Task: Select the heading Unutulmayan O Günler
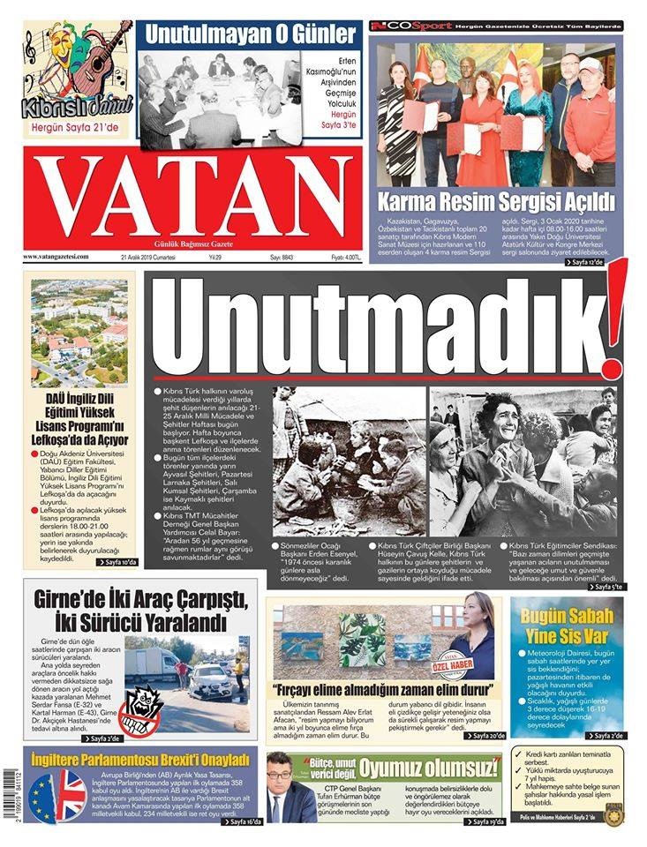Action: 250,35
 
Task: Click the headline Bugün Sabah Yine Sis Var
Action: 567,625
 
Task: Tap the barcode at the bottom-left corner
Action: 10,799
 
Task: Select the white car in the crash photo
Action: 209,680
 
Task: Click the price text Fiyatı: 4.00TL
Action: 346,257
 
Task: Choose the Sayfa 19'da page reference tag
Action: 486,821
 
